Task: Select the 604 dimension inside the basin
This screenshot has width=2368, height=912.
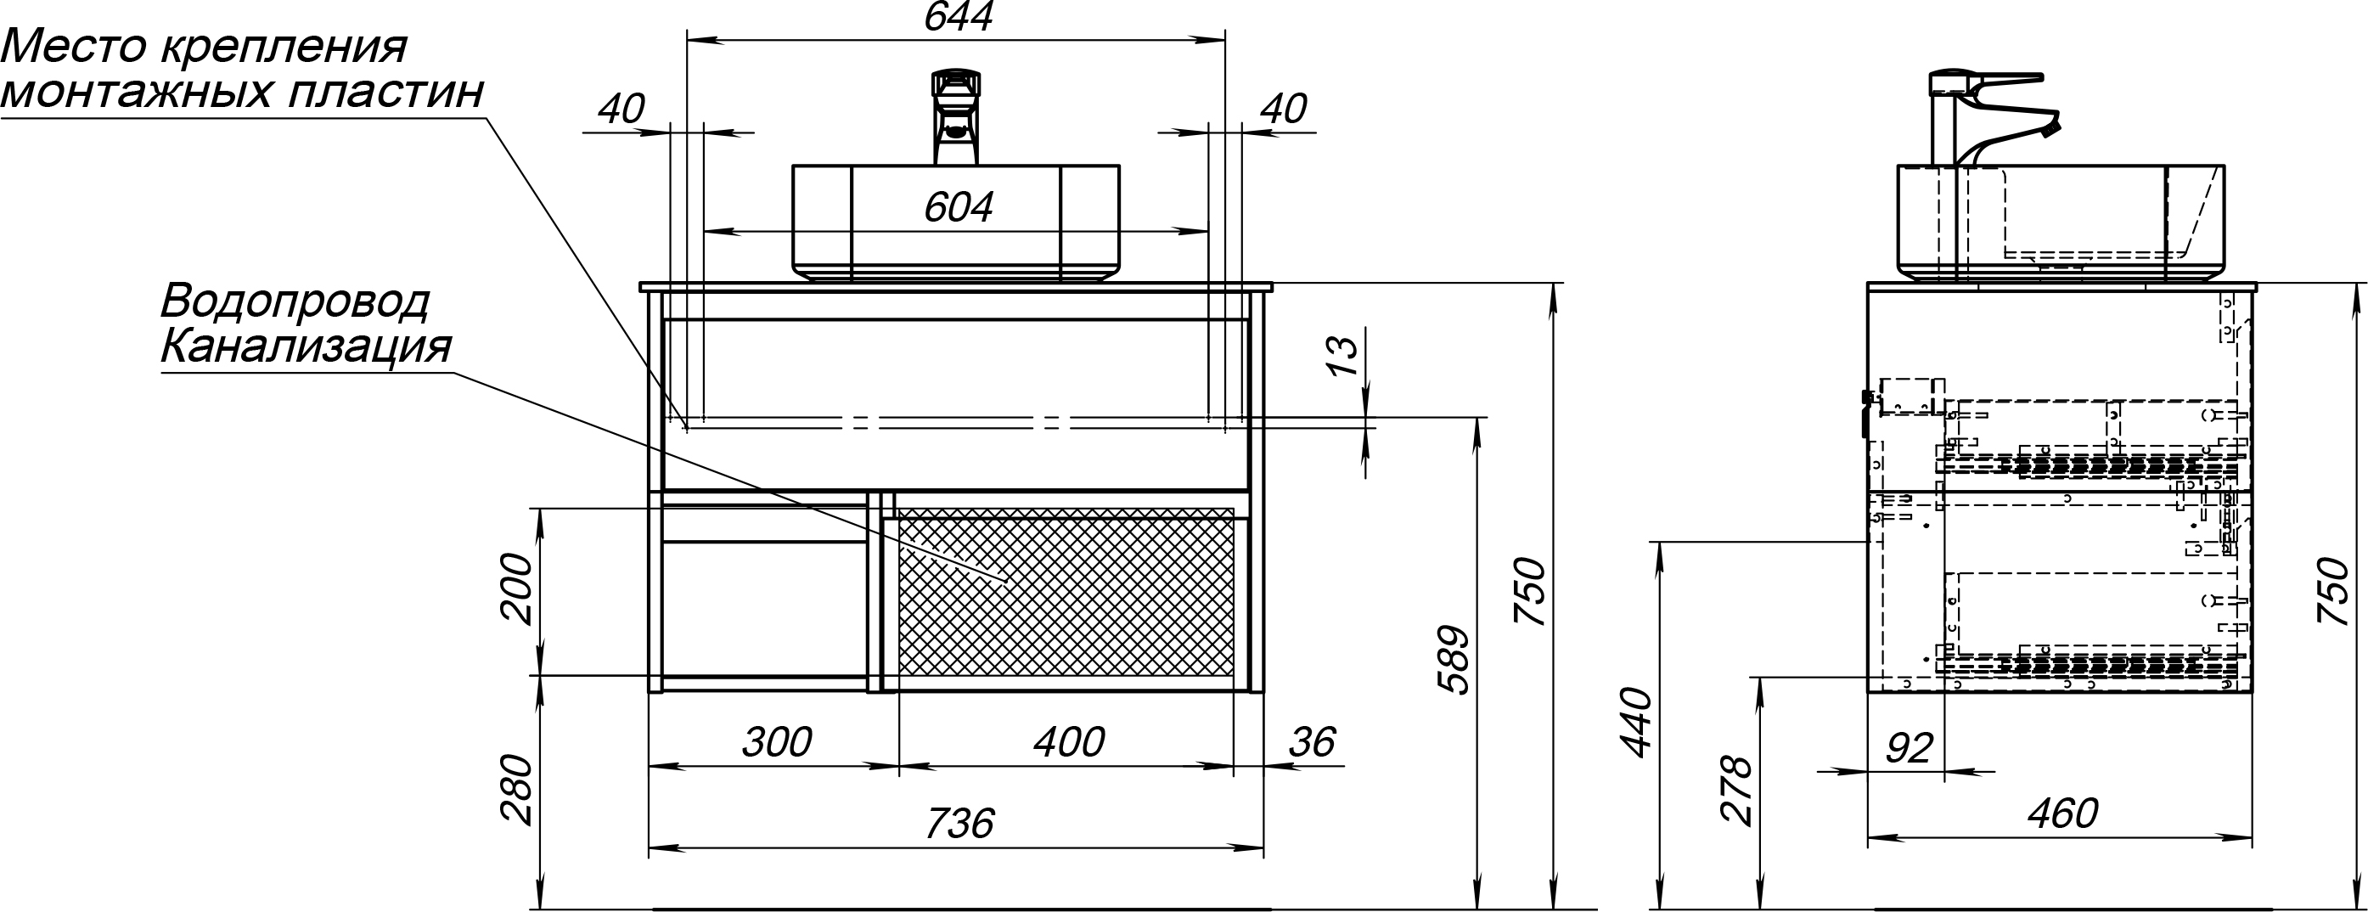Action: pyautogui.click(x=958, y=208)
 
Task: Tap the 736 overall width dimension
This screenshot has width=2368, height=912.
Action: pyautogui.click(x=959, y=824)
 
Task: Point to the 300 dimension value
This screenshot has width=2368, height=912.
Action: pyautogui.click(x=777, y=743)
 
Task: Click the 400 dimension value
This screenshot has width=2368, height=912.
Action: pyautogui.click(x=1068, y=743)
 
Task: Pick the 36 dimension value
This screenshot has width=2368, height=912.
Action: pyautogui.click(x=1311, y=743)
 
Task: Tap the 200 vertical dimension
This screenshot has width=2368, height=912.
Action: pyautogui.click(x=515, y=589)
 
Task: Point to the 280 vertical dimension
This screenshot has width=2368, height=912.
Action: pyautogui.click(x=515, y=790)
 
